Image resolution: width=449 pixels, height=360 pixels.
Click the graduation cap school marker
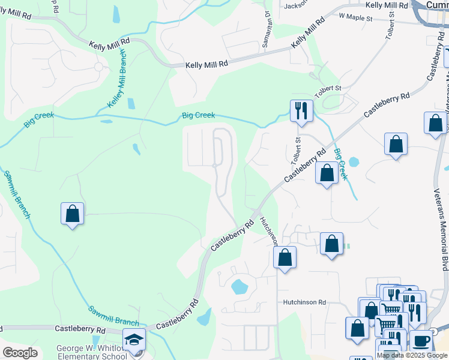[x=134, y=339]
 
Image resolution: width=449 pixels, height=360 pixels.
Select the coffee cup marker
[x=421, y=340]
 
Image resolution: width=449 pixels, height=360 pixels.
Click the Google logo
[x=20, y=353]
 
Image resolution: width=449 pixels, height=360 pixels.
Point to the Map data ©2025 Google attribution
[x=412, y=355]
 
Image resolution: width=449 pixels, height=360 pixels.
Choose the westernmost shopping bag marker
[x=72, y=213]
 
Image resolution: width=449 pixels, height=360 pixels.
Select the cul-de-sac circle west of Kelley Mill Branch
[x=98, y=67]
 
